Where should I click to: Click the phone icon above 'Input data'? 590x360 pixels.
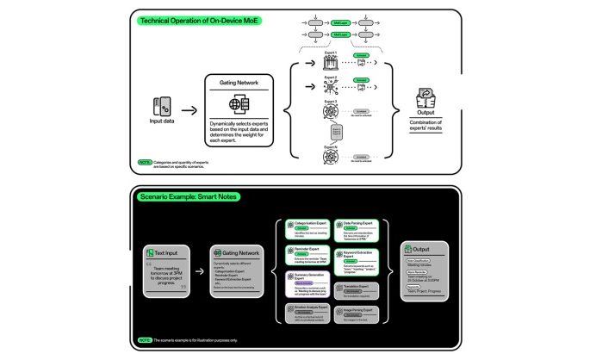(x=159, y=103)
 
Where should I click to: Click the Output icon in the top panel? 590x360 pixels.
(x=424, y=97)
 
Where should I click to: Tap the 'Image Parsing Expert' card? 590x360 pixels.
(x=359, y=313)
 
